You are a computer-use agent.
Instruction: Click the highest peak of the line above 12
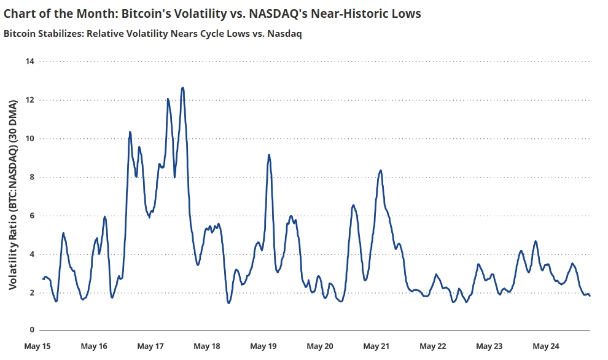pos(182,88)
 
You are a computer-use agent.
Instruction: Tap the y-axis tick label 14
pos(29,61)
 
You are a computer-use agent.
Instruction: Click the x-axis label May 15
pos(37,346)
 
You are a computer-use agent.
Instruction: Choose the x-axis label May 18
pos(207,346)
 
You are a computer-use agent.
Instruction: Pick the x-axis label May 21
pos(376,346)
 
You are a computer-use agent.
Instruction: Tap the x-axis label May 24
pos(545,346)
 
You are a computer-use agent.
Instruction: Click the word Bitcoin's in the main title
pos(155,14)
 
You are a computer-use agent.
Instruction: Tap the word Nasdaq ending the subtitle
pos(286,34)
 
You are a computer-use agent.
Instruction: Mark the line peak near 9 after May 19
pos(269,155)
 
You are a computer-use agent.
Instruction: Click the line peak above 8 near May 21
pos(381,170)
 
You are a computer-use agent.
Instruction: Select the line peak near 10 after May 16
pos(130,131)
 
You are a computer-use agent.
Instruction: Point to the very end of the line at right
pos(590,296)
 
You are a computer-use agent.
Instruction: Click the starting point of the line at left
pos(42,279)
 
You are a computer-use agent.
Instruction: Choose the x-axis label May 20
pos(320,346)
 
